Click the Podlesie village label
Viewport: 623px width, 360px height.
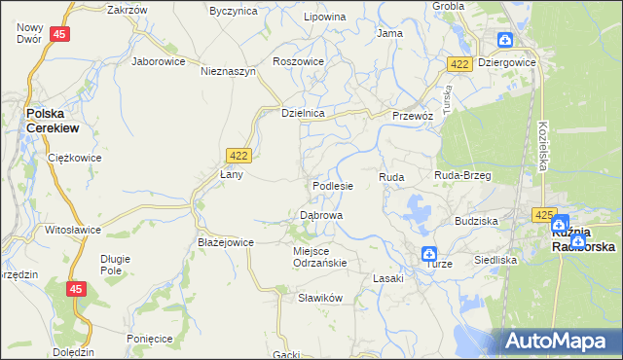(x=332, y=185)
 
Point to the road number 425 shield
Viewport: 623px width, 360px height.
(x=543, y=213)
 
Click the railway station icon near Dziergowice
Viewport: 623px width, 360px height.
(x=505, y=40)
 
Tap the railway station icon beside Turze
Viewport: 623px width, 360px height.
(x=429, y=254)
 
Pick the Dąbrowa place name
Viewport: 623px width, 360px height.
(x=320, y=215)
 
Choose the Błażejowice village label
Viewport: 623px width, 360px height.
(x=226, y=242)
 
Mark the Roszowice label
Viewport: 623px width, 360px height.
(x=299, y=60)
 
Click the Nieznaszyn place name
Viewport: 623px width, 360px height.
(x=228, y=71)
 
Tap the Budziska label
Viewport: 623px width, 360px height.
(x=476, y=221)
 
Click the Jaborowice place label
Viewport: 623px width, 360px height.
(x=158, y=60)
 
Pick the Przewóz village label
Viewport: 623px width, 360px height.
(x=412, y=115)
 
